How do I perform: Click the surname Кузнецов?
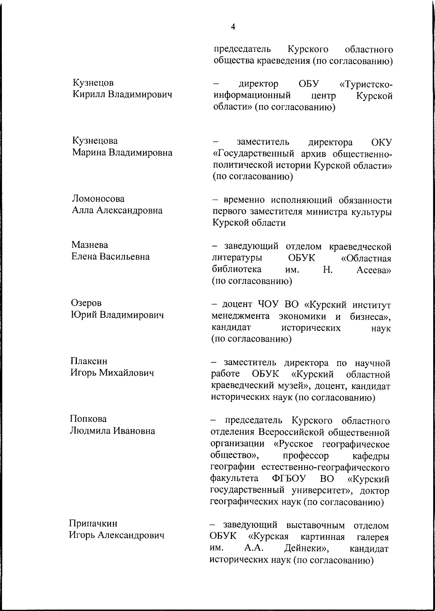tap(93, 83)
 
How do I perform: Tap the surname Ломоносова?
tap(98, 199)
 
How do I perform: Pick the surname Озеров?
tap(86, 303)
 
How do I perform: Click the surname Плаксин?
tap(89, 361)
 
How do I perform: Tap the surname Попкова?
tap(88, 419)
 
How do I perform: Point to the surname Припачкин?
tap(93, 523)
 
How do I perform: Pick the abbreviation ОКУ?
tap(382, 142)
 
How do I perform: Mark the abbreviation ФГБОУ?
tap(289, 479)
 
